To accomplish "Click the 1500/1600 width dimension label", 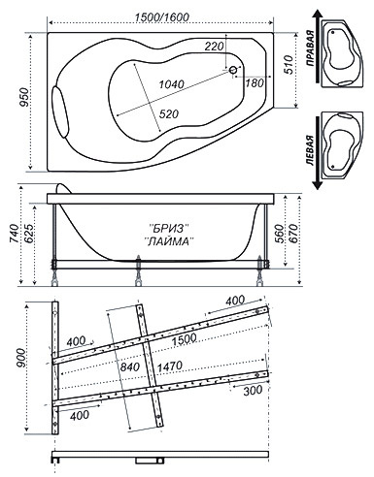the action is click(161, 16).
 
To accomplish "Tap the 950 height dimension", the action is click(24, 97).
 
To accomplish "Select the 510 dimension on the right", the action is click(289, 65).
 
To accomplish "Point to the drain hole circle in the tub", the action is click(233, 70).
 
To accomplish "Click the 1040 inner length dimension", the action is click(171, 84).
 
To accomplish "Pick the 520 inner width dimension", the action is click(168, 113).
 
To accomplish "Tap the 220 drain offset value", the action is click(214, 47).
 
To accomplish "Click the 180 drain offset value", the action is click(255, 82).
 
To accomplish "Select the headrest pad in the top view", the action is click(61, 111).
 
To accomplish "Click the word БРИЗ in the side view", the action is click(170, 229).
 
